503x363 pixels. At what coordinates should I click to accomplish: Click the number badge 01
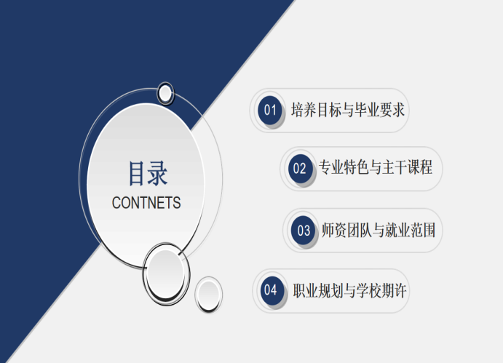[x=270, y=110]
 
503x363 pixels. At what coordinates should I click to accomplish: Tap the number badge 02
[x=300, y=169]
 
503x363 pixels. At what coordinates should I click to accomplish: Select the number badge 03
[x=303, y=231]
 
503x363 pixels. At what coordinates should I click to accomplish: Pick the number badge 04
[x=272, y=290]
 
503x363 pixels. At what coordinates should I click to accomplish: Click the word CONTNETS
[x=146, y=203]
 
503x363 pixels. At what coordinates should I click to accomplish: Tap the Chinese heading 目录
[x=148, y=173]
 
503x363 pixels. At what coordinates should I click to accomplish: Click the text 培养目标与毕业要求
[x=348, y=110]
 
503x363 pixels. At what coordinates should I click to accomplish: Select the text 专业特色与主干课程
[x=376, y=167]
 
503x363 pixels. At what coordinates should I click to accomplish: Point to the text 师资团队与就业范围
[x=379, y=230]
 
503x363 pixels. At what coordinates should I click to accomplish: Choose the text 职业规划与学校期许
[x=349, y=290]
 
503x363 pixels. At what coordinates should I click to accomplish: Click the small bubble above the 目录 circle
[x=165, y=93]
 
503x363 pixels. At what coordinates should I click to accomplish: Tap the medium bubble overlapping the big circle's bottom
[x=166, y=274]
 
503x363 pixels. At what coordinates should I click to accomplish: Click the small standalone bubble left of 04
[x=208, y=295]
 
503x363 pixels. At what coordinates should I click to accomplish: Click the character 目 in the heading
[x=136, y=173]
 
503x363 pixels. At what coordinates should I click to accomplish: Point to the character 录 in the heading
[x=158, y=173]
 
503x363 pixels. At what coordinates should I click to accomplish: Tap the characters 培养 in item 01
[x=304, y=110]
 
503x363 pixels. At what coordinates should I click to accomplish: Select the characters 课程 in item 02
[x=420, y=167]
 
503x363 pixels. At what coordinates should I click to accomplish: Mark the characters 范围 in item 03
[x=423, y=230]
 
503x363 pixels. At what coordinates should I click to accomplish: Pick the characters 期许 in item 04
[x=395, y=290]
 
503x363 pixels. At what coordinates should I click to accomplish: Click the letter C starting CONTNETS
[x=116, y=203]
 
